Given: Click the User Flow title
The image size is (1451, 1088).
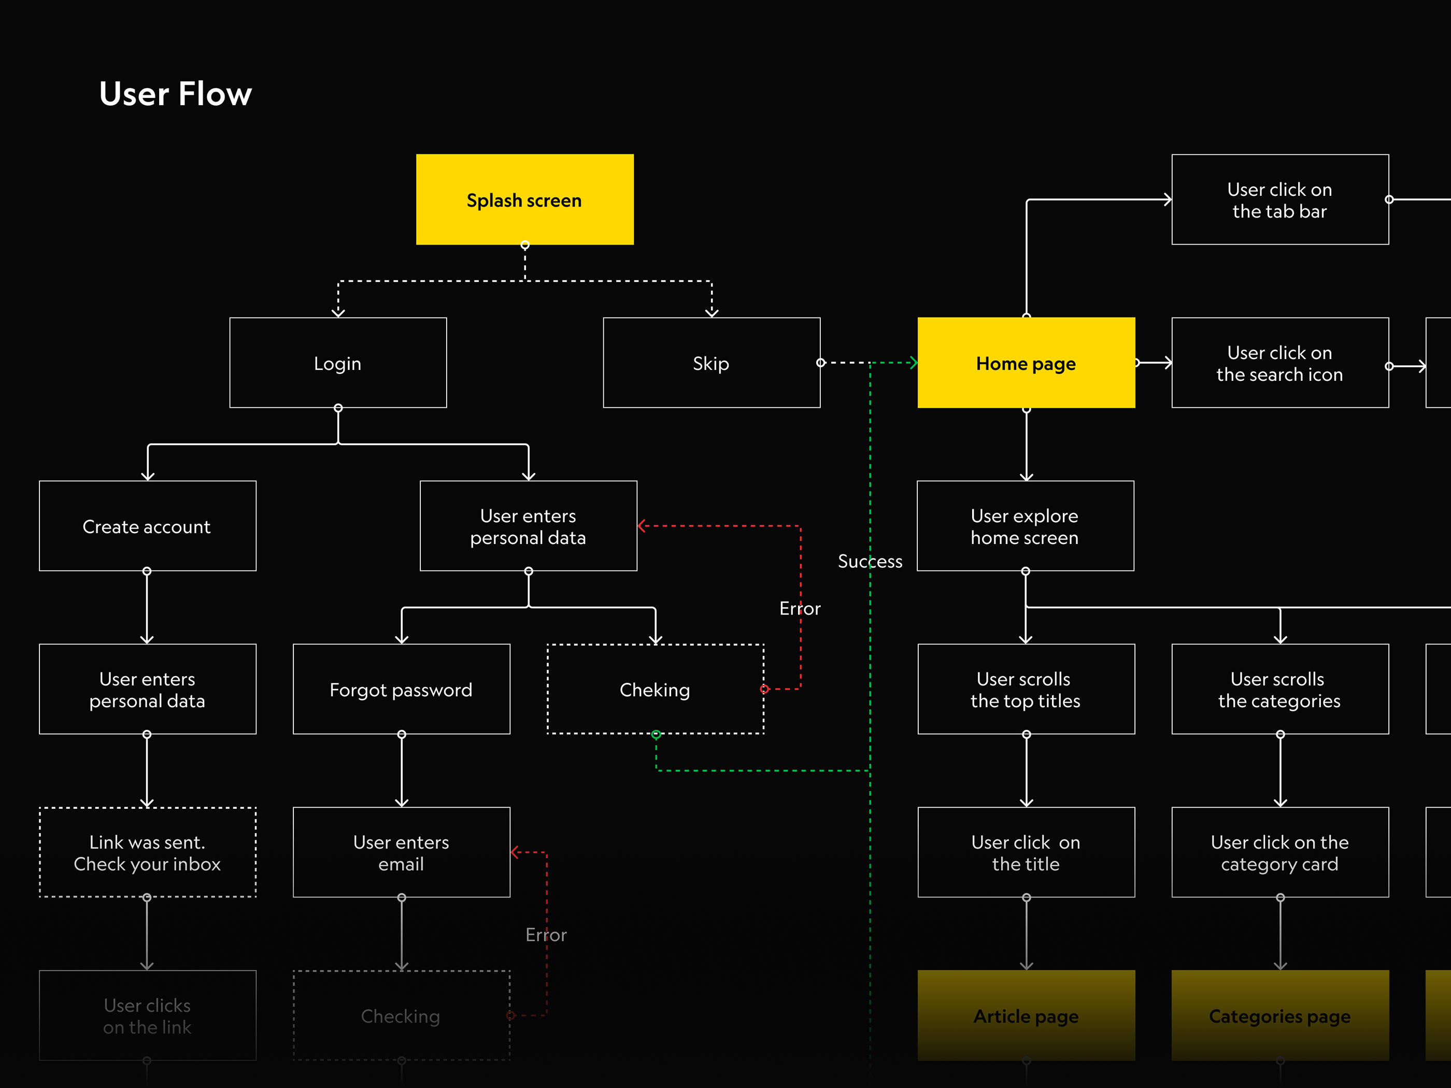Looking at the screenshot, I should (x=175, y=94).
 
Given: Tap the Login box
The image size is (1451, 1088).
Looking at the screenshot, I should (x=338, y=363).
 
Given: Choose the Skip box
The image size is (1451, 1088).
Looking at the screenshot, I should (x=711, y=363).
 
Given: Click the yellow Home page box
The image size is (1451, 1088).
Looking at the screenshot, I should (x=1026, y=363).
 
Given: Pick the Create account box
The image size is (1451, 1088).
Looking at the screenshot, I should (x=147, y=526).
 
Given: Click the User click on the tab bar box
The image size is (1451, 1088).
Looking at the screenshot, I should (x=1280, y=199).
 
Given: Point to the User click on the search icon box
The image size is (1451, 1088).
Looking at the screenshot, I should (x=1280, y=363).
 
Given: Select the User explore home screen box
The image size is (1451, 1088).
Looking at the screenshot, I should (x=1025, y=526).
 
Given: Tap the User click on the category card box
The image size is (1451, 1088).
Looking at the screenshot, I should (x=1280, y=853).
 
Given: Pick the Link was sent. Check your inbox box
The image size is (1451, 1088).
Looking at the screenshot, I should (x=147, y=853).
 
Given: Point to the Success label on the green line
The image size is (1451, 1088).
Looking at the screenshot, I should (x=870, y=562).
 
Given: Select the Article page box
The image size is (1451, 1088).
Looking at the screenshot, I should (x=1026, y=1016).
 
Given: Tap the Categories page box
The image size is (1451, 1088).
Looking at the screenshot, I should (x=1280, y=1016).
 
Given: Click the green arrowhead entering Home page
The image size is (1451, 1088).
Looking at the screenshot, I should (x=913, y=363).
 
